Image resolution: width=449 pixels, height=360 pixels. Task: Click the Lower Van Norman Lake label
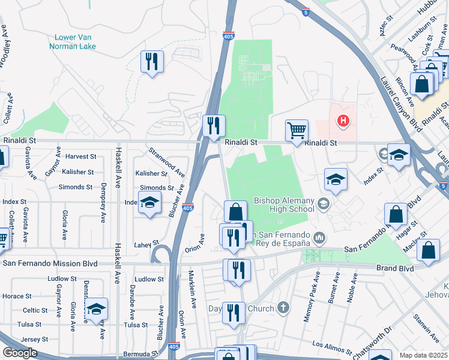pyautogui.click(x=73, y=41)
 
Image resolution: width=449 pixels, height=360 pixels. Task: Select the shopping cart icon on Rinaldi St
pyautogui.click(x=297, y=130)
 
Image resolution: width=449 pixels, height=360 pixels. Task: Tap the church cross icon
pyautogui.click(x=283, y=308)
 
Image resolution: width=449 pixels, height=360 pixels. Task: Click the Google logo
pyautogui.click(x=20, y=353)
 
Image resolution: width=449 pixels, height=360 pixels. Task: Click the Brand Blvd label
pyautogui.click(x=395, y=268)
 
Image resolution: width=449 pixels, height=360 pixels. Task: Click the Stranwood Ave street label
pyautogui.click(x=167, y=162)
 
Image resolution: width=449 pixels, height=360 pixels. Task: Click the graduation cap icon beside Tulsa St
pyautogui.click(x=96, y=309)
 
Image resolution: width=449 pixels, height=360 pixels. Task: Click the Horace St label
pyautogui.click(x=16, y=296)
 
